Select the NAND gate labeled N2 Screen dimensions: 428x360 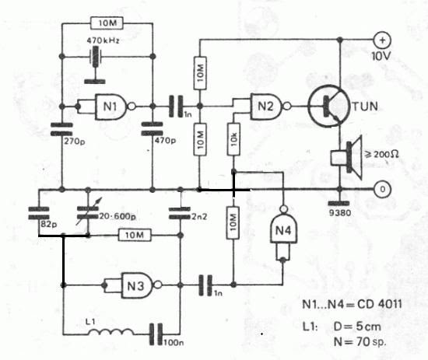point(270,106)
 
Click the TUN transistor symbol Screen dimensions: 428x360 point(329,106)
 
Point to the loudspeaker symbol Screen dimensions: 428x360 point(346,157)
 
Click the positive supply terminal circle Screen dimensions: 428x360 point(382,40)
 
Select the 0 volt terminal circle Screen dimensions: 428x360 point(382,189)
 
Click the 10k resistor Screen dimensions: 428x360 point(233,139)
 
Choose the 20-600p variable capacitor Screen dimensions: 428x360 point(88,213)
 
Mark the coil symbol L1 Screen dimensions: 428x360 point(111,332)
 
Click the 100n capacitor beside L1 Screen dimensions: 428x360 point(156,334)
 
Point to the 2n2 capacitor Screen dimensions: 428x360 point(180,213)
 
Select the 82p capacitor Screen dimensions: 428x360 point(39,213)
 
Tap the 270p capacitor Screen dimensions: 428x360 point(62,129)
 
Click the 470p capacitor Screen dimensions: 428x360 point(153,129)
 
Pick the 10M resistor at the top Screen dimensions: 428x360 point(107,23)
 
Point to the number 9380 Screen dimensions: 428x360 point(339,212)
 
